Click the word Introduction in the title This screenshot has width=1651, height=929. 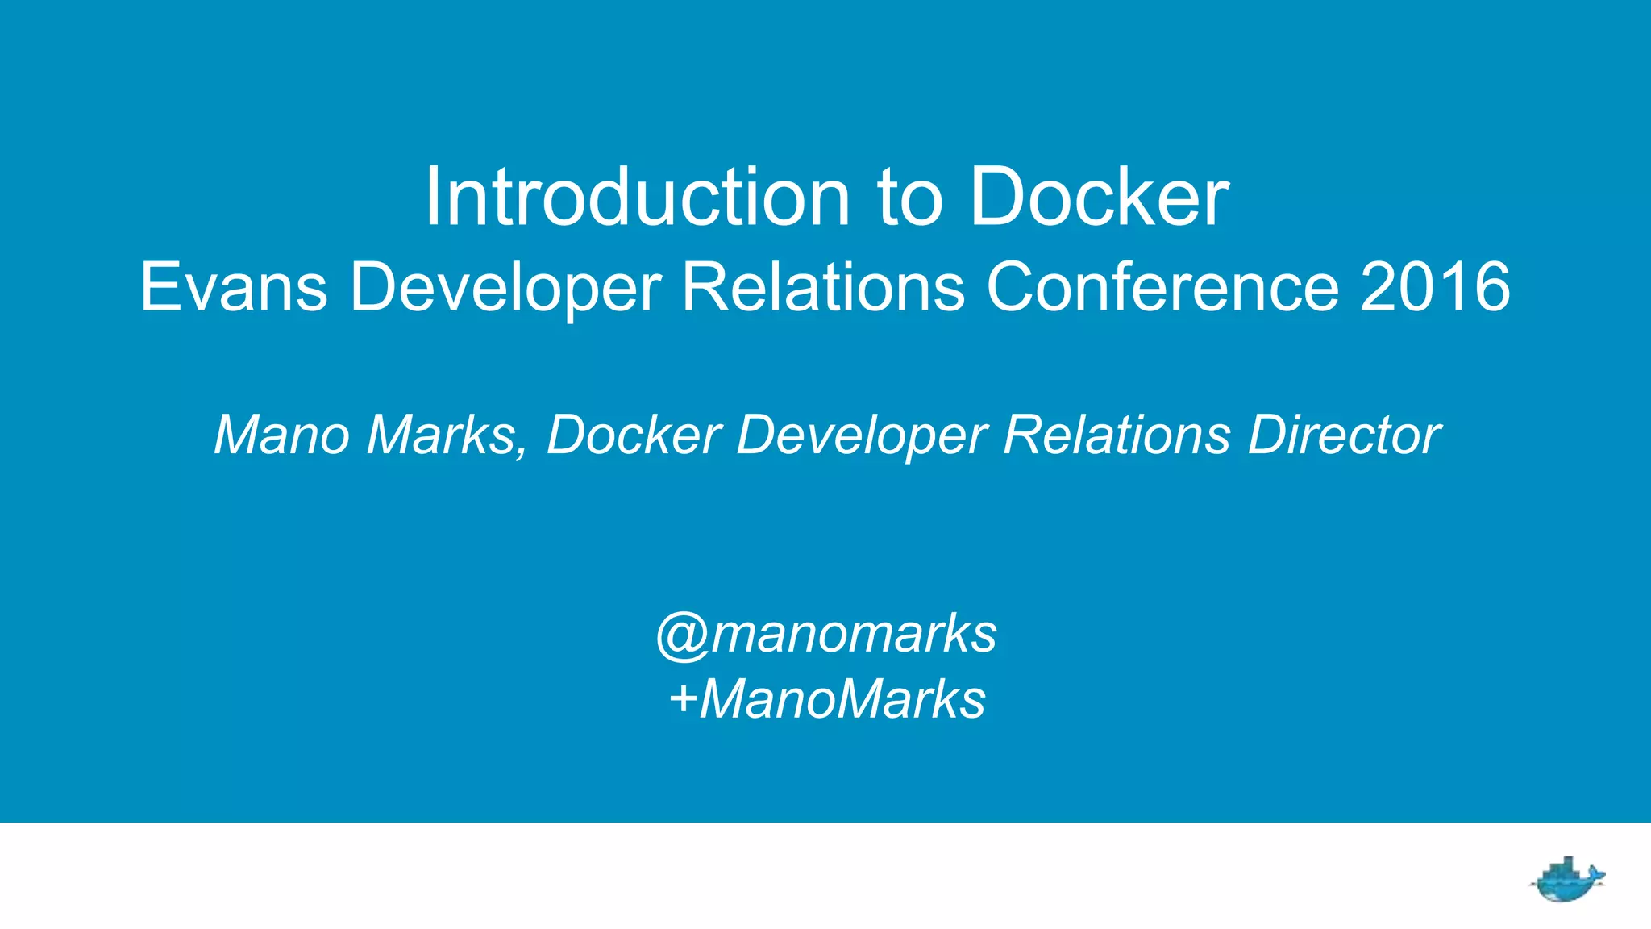637,198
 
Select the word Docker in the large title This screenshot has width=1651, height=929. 1099,198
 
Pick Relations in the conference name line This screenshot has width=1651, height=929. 823,287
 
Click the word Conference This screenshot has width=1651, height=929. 1162,287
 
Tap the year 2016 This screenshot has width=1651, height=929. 1435,287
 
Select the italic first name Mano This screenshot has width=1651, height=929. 281,435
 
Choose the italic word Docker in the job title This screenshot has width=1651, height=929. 634,435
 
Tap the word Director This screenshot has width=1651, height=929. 1344,435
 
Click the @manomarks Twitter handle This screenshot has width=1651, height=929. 827,634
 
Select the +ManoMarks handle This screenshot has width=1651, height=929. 827,698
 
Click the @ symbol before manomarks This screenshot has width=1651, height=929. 682,636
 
